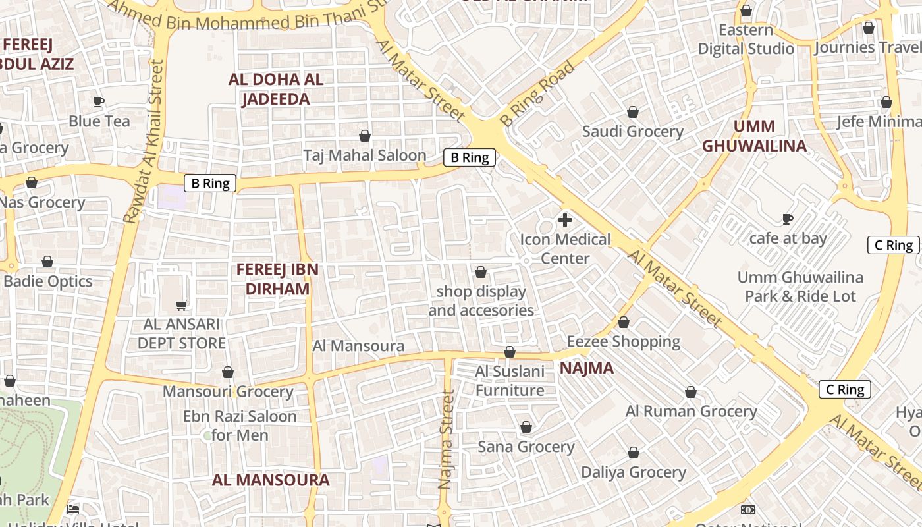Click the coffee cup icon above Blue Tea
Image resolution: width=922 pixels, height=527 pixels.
[98, 101]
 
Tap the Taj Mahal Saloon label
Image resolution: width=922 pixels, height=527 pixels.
[365, 155]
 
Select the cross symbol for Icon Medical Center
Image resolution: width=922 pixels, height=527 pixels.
[565, 220]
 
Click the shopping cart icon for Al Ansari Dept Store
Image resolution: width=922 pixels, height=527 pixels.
[182, 305]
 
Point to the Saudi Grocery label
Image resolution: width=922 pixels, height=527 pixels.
[633, 131]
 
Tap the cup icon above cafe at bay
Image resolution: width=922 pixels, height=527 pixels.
[787, 219]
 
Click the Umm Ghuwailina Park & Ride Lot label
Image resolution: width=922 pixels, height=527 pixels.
[800, 287]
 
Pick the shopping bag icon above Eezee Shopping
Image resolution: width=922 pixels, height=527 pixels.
[624, 322]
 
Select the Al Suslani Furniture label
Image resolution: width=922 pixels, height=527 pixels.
[510, 381]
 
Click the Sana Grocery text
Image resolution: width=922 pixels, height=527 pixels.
[526, 447]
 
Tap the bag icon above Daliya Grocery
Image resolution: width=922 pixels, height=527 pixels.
[634, 453]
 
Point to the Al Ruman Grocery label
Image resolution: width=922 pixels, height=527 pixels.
[691, 411]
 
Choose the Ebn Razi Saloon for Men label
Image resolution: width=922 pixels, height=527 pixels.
[240, 426]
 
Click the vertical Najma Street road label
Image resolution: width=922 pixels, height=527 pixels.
[447, 440]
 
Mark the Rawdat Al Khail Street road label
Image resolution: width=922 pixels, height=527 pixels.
[143, 142]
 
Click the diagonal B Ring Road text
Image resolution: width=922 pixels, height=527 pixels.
[537, 94]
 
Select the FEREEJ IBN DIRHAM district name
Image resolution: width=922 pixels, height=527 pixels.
[277, 279]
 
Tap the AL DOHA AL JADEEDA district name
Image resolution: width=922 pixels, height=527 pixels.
[276, 90]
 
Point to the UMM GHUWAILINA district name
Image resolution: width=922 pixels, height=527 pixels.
[754, 136]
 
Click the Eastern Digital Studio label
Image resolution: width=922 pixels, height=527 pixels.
[746, 40]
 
